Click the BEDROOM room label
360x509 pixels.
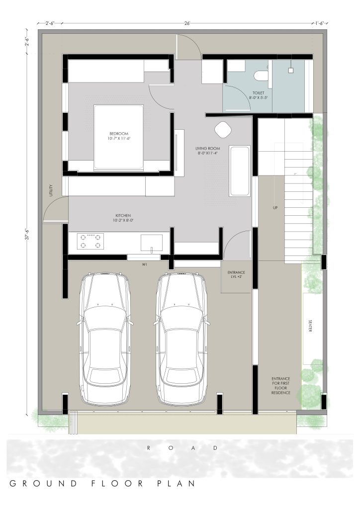(x=118, y=133)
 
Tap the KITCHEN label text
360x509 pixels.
(x=123, y=215)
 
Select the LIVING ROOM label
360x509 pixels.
(x=207, y=148)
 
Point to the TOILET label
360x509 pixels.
(x=259, y=93)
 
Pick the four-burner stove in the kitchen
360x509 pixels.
(x=90, y=241)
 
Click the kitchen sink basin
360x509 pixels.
(x=152, y=243)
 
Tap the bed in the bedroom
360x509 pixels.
(x=118, y=137)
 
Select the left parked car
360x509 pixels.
(x=105, y=339)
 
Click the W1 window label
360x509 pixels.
(x=145, y=265)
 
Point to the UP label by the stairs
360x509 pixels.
(x=275, y=208)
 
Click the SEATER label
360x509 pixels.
(x=310, y=326)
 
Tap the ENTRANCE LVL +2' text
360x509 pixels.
(x=236, y=274)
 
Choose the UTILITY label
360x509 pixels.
(x=51, y=190)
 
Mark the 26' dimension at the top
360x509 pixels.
(x=187, y=23)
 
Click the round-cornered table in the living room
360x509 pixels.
(x=223, y=129)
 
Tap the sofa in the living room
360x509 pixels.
(x=240, y=171)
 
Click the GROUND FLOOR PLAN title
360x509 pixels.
(x=102, y=483)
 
